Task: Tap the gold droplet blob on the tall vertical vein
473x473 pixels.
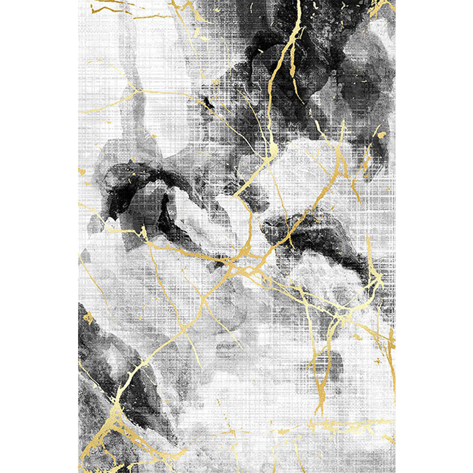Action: [x=273, y=151]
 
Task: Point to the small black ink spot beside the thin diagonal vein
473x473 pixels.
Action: [x=208, y=104]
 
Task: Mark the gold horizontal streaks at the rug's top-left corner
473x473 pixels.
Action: [x=112, y=8]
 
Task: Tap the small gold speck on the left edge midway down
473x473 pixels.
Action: [x=82, y=171]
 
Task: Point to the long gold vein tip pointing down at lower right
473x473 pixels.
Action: [x=319, y=408]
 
